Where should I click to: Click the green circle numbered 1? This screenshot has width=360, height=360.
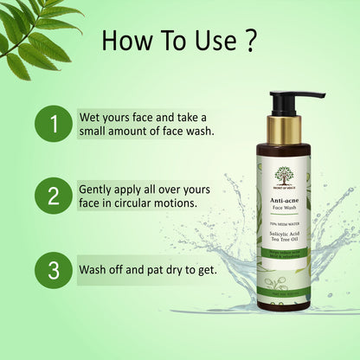[54, 125]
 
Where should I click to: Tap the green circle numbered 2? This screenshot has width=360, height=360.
[54, 196]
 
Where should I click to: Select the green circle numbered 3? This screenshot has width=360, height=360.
[54, 268]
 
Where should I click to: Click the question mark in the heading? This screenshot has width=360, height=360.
[250, 41]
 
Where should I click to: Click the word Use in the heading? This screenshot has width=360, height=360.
[212, 41]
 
